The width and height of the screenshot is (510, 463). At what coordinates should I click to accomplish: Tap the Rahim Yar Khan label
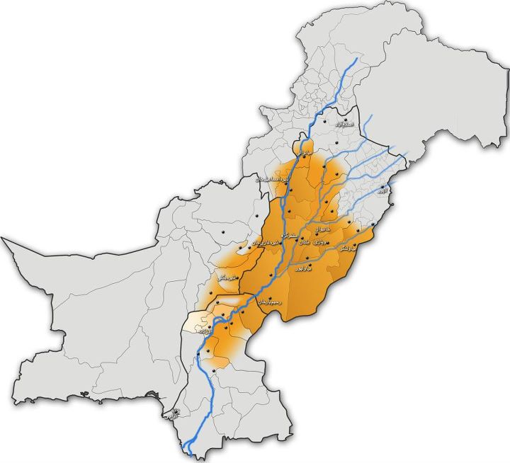pyautogui.click(x=271, y=302)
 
